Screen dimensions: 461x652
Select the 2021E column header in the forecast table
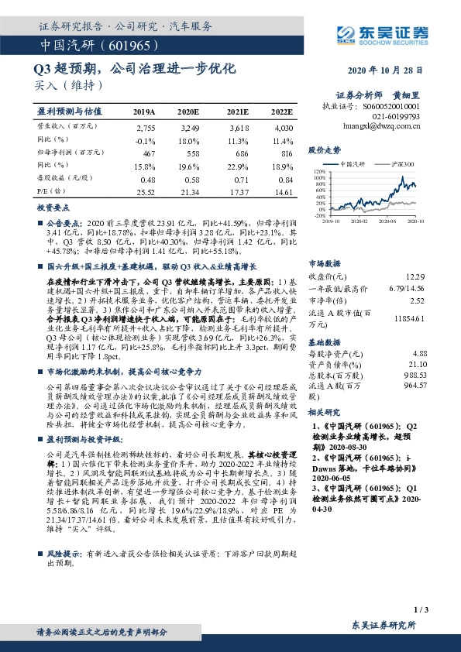point(238,112)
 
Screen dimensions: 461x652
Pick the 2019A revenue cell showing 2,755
point(146,127)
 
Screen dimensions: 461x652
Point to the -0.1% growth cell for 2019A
point(145,141)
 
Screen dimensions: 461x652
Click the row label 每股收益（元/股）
point(65,178)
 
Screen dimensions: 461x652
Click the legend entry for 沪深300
point(404,164)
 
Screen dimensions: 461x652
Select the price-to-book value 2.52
point(419,300)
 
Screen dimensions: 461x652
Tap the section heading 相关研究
point(325,413)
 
